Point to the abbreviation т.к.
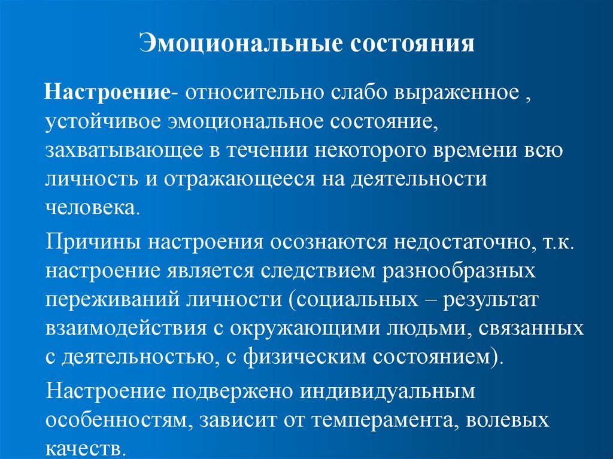point(547,242)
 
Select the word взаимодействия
point(122,328)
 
